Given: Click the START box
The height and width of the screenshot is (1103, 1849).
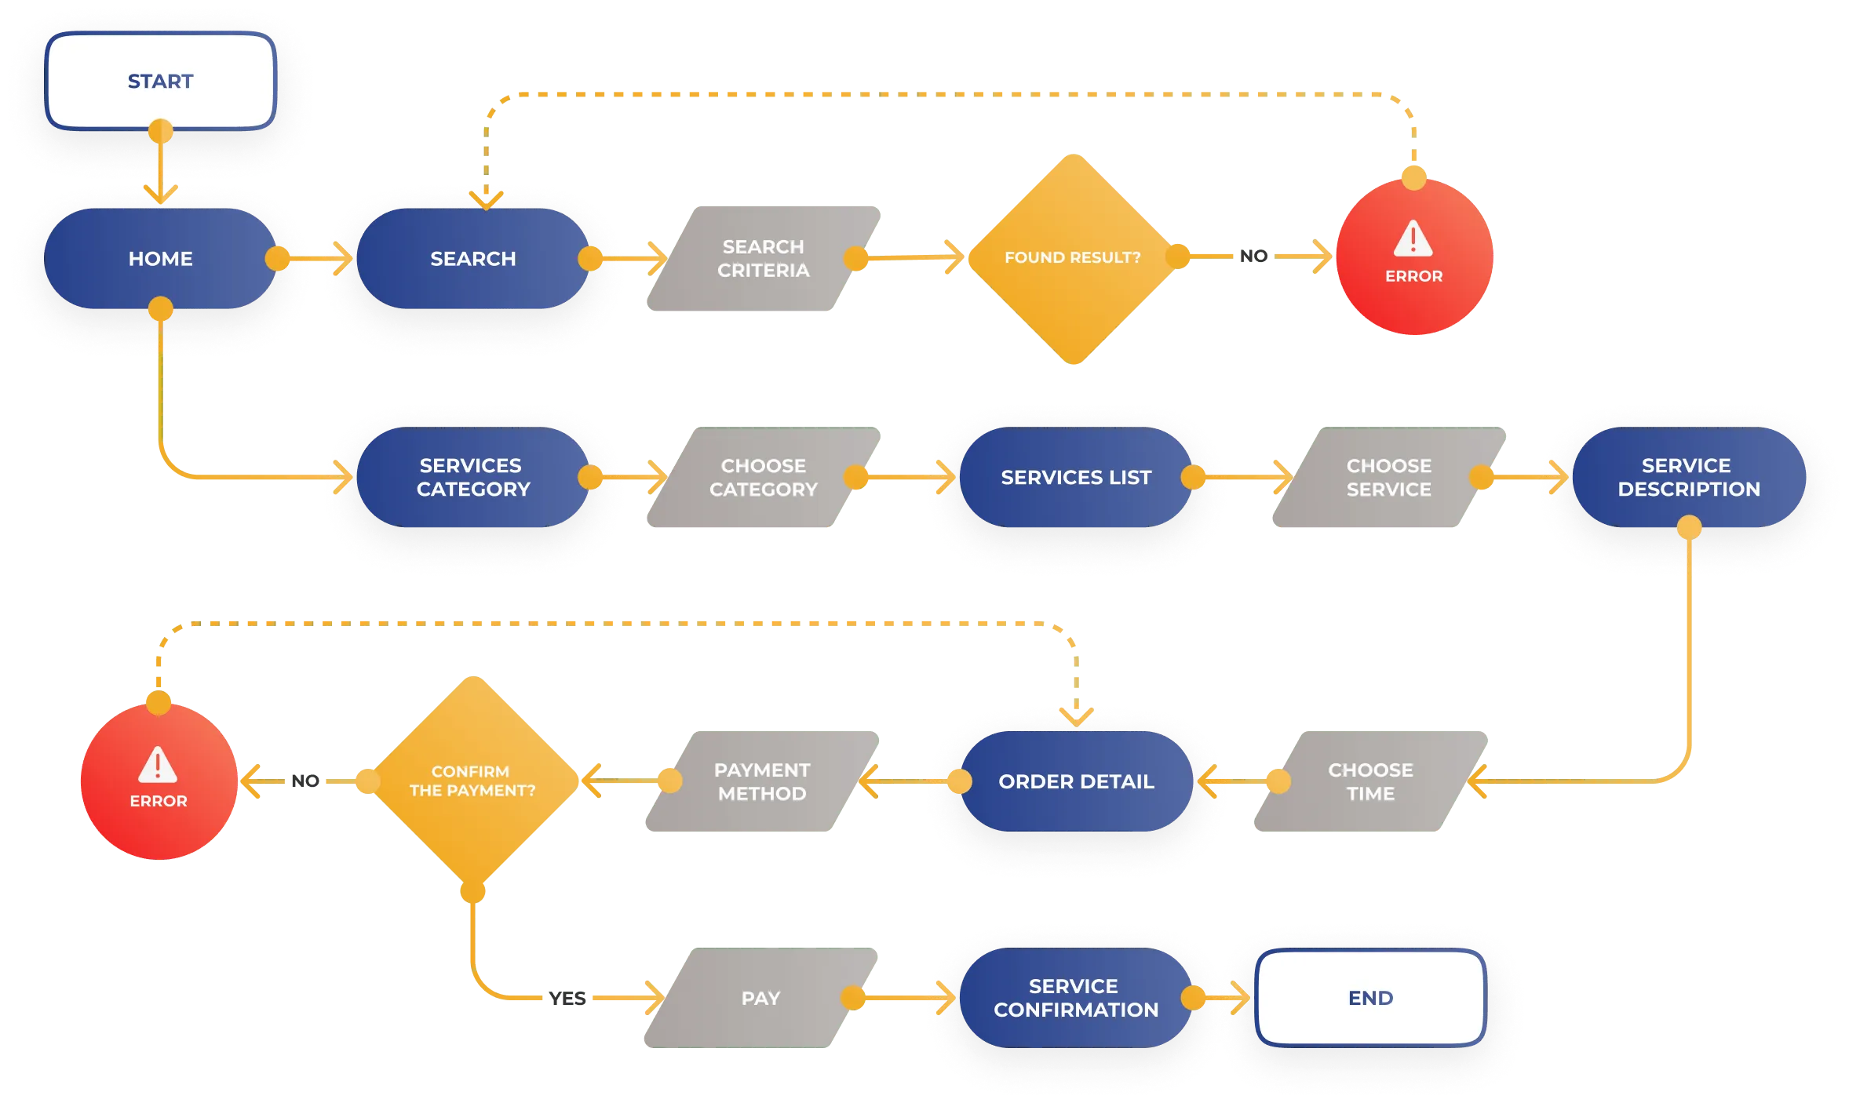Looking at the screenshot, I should pyautogui.click(x=160, y=82).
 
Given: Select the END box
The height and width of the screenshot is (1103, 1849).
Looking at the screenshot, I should pyautogui.click(x=1370, y=998).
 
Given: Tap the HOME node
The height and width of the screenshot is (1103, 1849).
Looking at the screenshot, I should pyautogui.click(x=160, y=259).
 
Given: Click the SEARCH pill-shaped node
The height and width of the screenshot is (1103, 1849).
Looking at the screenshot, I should pyautogui.click(x=472, y=259).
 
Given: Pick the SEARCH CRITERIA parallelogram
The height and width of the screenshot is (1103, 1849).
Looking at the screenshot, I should pyautogui.click(x=763, y=259).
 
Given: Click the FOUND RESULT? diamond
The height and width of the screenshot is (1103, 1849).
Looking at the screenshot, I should pyautogui.click(x=1072, y=259).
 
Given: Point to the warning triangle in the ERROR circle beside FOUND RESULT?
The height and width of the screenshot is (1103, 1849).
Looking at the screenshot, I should pyautogui.click(x=1413, y=238).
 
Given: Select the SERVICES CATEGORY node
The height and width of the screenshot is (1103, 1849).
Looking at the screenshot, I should pyautogui.click(x=472, y=477).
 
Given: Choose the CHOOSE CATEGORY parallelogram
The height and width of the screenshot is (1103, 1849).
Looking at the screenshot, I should pyautogui.click(x=763, y=477).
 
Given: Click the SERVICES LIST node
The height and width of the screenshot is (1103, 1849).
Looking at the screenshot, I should pyautogui.click(x=1075, y=477).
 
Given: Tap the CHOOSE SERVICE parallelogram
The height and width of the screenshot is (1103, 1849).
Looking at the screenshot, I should pyautogui.click(x=1388, y=477).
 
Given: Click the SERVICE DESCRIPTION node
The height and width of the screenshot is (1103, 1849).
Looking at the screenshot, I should pyautogui.click(x=1689, y=477).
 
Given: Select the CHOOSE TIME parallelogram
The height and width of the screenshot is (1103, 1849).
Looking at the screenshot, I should pyautogui.click(x=1370, y=781).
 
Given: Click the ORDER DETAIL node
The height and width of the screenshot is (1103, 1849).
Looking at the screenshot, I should pyautogui.click(x=1075, y=781).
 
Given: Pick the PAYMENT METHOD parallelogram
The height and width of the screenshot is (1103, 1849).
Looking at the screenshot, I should pyautogui.click(x=761, y=781).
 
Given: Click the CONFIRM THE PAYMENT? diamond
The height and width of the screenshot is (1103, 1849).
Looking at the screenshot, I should pyautogui.click(x=472, y=781).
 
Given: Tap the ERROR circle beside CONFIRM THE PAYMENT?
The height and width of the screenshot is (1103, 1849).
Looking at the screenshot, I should pyautogui.click(x=159, y=781).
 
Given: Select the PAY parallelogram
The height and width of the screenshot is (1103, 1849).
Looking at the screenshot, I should pyautogui.click(x=760, y=998).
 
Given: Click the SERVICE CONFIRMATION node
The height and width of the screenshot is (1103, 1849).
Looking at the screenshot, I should pyautogui.click(x=1075, y=998).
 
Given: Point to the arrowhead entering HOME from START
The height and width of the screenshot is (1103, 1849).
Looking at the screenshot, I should pyautogui.click(x=160, y=195).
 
